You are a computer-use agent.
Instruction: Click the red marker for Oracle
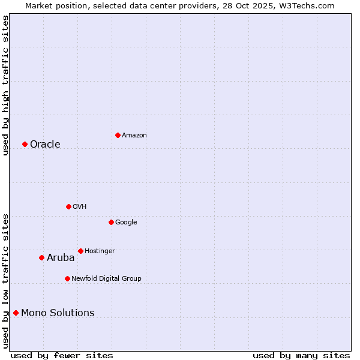coord(25,144)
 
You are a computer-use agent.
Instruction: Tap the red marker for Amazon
coord(118,135)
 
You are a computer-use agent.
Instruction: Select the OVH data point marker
coord(68,206)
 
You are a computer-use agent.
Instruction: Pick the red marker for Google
coord(111,222)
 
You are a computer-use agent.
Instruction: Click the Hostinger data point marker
coord(80,251)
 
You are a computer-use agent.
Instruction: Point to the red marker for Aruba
coord(41,258)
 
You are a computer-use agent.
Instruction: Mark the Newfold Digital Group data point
coord(67,278)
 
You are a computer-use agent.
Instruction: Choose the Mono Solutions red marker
coord(16,313)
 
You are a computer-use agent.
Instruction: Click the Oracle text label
coord(45,145)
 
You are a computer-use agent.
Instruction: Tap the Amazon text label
coord(134,136)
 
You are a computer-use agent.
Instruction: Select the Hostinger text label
coord(100,251)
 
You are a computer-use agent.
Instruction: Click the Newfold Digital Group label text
coord(106,278)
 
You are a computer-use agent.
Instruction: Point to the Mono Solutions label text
coord(58,313)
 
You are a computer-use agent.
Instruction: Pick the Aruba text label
coord(61,258)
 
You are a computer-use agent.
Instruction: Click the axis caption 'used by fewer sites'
coord(62,355)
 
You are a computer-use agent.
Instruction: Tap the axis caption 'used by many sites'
coord(301,355)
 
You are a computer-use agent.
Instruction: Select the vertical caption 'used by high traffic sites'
coord(5,85)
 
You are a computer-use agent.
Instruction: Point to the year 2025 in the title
coord(265,5)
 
